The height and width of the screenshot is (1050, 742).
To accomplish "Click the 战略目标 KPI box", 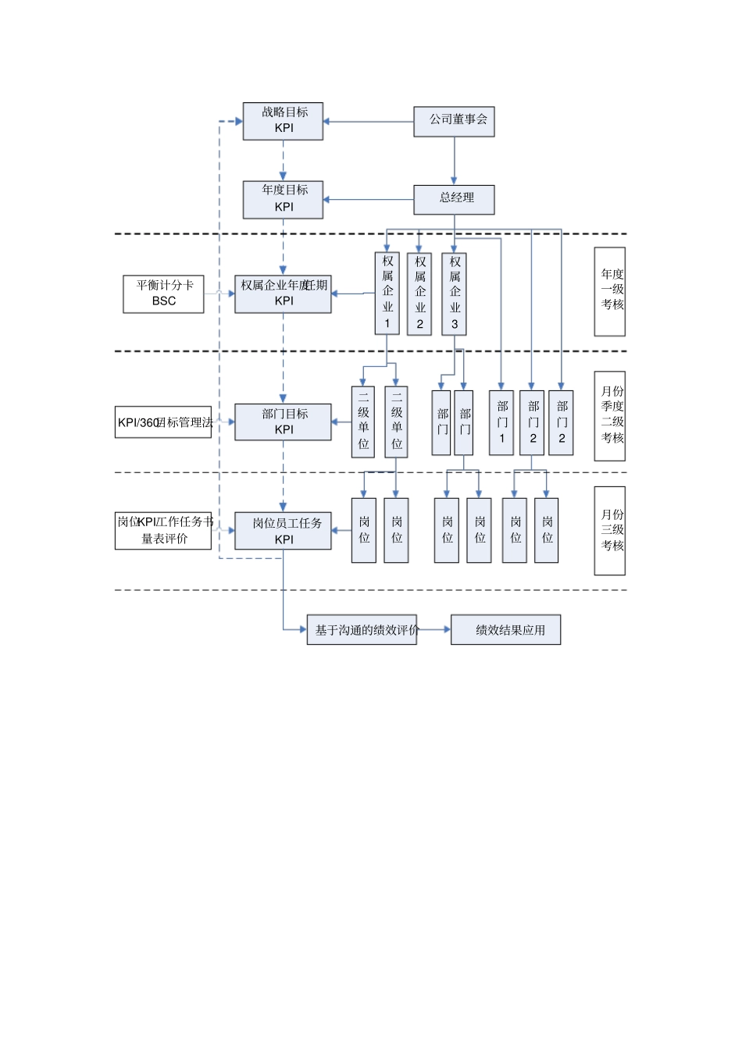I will tap(283, 121).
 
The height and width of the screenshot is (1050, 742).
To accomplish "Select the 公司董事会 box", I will tap(454, 121).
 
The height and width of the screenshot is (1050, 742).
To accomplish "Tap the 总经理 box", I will tap(454, 199).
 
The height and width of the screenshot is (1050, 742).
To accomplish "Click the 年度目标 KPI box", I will tap(283, 199).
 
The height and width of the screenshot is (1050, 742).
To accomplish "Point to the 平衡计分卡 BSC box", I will tap(163, 294).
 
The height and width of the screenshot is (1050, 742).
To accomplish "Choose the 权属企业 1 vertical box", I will tap(387, 293).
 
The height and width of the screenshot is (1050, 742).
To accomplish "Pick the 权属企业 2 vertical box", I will tap(419, 294).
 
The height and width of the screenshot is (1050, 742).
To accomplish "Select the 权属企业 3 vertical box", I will tap(454, 294).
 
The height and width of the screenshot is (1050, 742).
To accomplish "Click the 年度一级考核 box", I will tap(609, 291).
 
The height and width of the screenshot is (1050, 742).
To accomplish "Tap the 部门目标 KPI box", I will tap(283, 422).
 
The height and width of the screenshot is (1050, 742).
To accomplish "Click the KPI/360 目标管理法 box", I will tap(163, 422).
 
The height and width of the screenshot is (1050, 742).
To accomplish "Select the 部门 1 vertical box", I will tap(501, 422).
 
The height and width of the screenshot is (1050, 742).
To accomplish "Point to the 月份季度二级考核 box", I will tap(609, 415).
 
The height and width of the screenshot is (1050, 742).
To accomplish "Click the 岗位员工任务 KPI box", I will tap(283, 531).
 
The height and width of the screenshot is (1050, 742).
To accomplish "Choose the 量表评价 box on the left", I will tap(163, 531).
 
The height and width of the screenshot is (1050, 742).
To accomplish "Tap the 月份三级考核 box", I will tap(609, 531).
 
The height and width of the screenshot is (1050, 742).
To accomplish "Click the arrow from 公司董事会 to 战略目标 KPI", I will tap(367, 122).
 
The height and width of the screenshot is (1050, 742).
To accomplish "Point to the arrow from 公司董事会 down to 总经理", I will tap(455, 161).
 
